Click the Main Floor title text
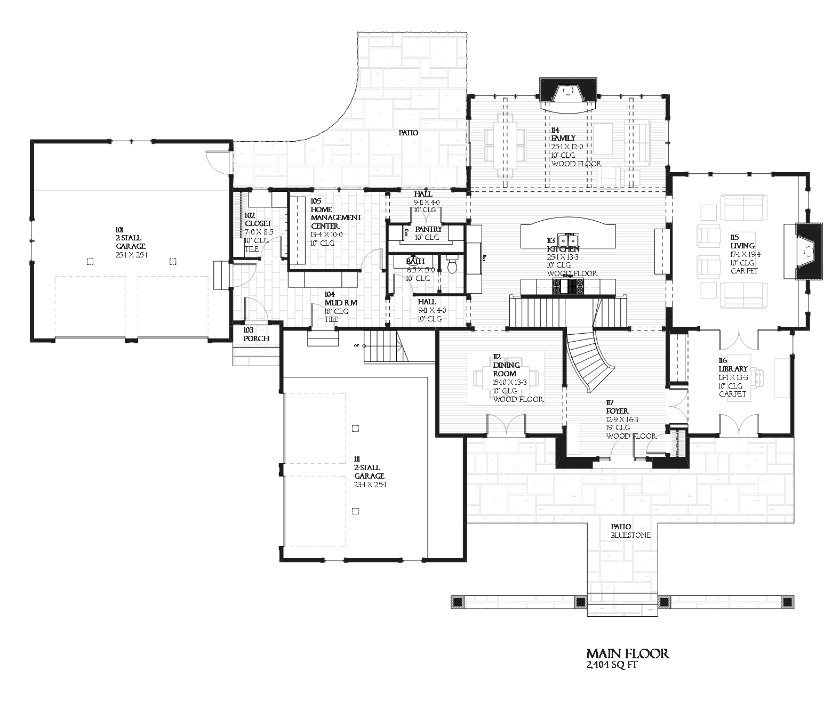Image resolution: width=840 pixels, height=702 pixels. (x=627, y=653)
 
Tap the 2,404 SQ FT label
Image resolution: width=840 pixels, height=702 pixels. (x=611, y=665)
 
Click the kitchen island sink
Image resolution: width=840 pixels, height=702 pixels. (x=569, y=238)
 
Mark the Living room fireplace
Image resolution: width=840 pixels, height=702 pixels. (x=809, y=251)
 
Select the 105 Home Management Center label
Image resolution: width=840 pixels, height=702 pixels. (x=335, y=217)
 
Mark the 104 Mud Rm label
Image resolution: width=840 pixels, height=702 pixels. (x=340, y=306)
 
